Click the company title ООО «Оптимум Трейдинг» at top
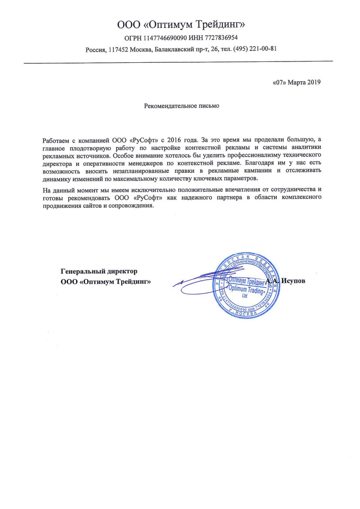pyautogui.click(x=180, y=24)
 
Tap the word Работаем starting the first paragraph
pyautogui.click(x=55, y=140)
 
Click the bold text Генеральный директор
pyautogui.click(x=99, y=271)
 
